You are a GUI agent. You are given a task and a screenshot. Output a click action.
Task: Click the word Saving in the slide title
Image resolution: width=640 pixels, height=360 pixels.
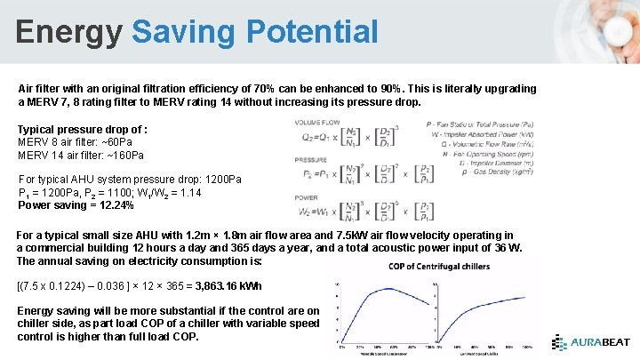tap(181, 32)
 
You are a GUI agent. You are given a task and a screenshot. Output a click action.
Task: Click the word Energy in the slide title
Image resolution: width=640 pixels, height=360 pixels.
tap(69, 32)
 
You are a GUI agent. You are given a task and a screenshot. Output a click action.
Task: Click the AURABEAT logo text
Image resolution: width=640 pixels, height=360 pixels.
tap(600, 342)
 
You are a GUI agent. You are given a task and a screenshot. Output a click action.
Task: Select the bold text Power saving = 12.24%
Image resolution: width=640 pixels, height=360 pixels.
tap(76, 205)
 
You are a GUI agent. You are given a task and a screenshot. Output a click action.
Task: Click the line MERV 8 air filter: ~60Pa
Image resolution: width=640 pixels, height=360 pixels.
tap(72, 142)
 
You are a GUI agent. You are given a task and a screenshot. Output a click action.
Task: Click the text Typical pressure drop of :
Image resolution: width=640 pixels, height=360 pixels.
tap(83, 130)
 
